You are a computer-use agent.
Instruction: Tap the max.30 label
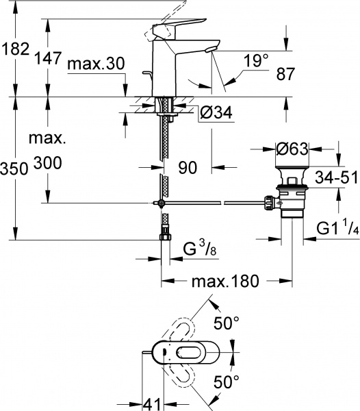[x=96, y=65]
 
